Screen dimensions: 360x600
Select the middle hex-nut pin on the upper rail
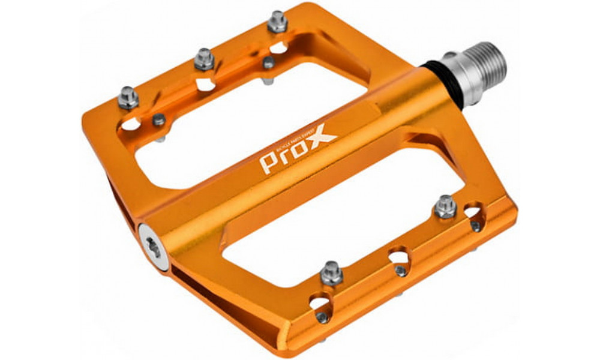click(204, 58)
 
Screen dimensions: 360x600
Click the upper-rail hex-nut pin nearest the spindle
click(277, 22)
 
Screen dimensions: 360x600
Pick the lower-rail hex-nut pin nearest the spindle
click(445, 206)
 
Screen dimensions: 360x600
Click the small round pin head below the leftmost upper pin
click(158, 120)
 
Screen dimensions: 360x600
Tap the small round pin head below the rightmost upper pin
click(269, 62)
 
